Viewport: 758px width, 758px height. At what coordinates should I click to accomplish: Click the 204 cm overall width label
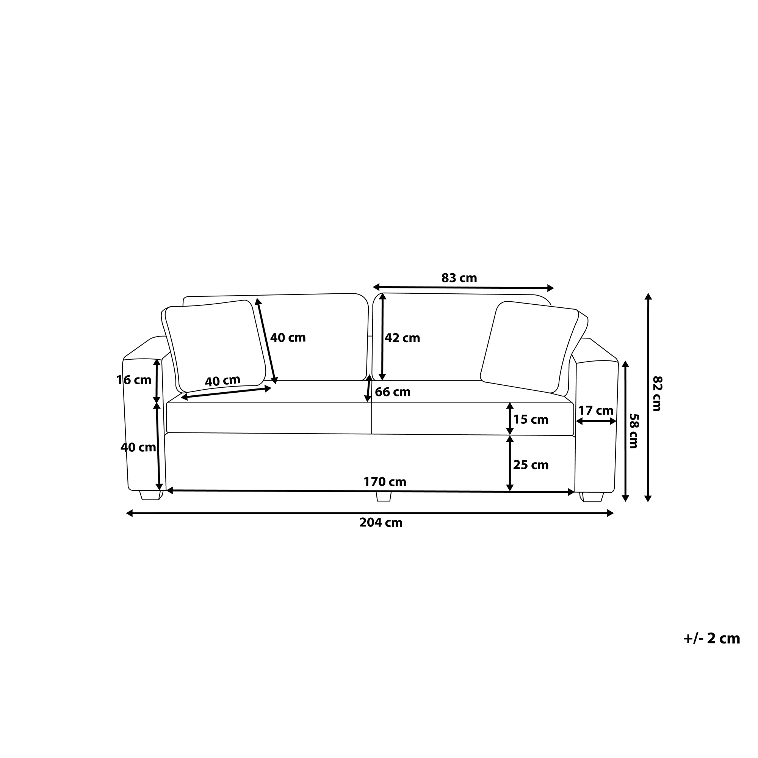[381, 523]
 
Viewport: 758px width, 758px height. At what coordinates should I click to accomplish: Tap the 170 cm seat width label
[385, 482]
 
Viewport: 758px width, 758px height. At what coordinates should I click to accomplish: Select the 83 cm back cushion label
[459, 278]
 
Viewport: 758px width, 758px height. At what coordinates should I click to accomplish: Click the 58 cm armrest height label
[633, 431]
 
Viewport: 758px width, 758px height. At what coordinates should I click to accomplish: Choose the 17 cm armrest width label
[596, 410]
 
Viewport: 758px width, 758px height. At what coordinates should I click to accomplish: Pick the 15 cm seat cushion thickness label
[531, 420]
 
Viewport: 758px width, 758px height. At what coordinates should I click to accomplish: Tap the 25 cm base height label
[531, 465]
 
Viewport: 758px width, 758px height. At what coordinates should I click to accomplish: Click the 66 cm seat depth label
[393, 392]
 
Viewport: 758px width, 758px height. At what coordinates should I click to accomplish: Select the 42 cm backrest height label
[402, 338]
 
